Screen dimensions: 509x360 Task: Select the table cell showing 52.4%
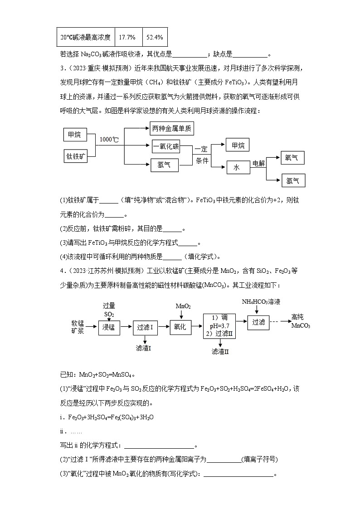tap(155, 37)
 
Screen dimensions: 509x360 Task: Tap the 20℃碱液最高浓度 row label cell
tap(86, 37)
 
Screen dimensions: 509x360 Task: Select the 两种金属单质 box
tap(172, 129)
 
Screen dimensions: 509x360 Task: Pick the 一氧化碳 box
tap(166, 146)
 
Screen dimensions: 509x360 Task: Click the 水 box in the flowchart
tap(238, 168)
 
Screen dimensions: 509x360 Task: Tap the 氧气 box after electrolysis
tap(292, 158)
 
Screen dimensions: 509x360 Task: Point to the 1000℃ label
tap(109, 140)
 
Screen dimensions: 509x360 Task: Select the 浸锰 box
tap(109, 326)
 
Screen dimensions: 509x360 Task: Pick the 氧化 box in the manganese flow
tap(180, 327)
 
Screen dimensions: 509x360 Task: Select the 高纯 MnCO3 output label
tap(301, 321)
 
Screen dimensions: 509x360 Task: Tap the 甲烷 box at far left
tap(74, 134)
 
